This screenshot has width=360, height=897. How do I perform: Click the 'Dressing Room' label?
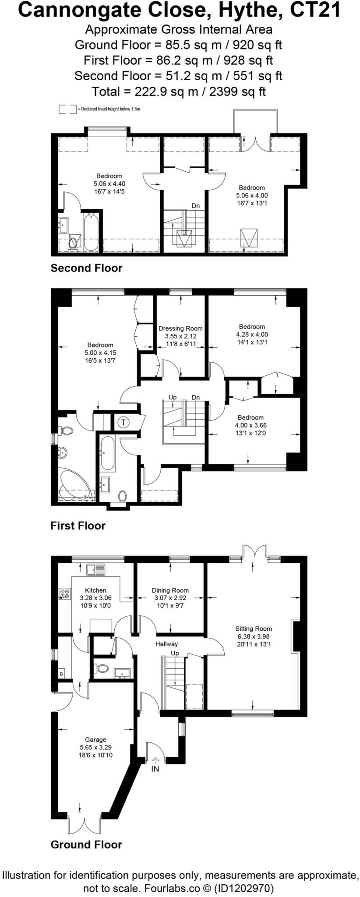180,328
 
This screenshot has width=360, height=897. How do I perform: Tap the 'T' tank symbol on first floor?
124,422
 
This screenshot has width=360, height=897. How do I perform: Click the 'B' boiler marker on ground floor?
61,674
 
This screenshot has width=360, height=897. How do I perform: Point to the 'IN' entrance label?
155,769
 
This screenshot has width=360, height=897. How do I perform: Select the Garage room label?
95,740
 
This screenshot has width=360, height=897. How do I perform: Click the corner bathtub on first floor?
77,485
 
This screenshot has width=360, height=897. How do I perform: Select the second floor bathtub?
91,232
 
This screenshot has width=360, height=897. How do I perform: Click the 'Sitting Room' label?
253,629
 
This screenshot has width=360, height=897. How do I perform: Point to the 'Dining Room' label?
170,590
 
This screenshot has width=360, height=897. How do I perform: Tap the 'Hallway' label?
167,644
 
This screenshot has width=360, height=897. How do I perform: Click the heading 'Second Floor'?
86,268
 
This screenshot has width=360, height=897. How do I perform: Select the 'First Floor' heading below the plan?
78,526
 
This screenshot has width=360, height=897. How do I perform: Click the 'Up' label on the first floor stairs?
173,397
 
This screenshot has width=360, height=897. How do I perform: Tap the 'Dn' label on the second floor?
195,205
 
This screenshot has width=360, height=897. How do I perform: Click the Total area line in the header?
179,91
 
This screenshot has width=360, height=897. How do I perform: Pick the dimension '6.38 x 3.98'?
253,636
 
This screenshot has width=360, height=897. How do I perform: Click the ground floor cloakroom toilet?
102,669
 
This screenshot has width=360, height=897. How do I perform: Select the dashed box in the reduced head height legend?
67,109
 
